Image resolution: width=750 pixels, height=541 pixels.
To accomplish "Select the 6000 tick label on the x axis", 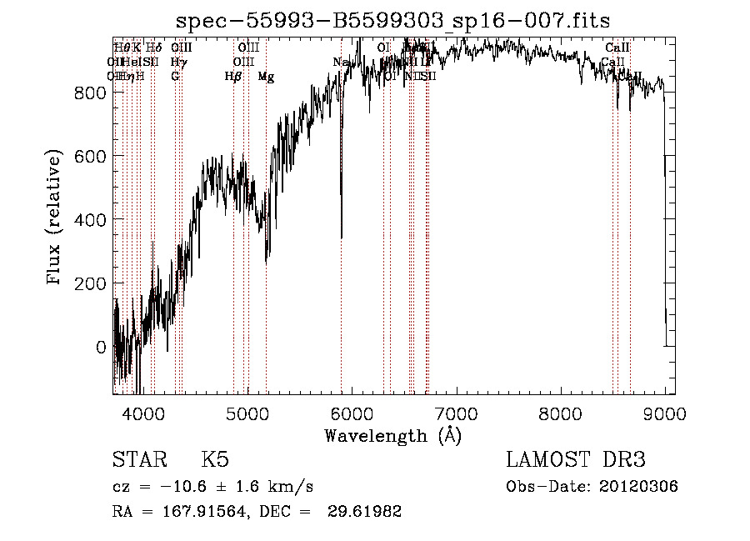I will [352, 413].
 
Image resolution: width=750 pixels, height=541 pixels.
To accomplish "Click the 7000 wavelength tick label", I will [457, 413].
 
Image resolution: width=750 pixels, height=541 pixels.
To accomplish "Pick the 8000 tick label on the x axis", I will [561, 413].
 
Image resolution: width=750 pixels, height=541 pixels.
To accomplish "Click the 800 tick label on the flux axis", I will [88, 93].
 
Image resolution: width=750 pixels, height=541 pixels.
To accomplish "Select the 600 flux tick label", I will [88, 157].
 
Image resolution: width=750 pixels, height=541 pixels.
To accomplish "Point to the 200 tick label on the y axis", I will [88, 283].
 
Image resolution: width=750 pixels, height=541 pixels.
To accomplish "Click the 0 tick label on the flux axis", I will [100, 347].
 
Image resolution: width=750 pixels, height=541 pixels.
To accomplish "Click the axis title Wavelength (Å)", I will [392, 435].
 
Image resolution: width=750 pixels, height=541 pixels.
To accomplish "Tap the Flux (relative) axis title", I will [56, 218].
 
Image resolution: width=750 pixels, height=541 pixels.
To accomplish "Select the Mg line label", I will [266, 77].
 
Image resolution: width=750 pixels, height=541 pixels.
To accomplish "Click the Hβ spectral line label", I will [233, 77].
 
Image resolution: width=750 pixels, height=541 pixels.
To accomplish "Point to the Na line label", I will [339, 63].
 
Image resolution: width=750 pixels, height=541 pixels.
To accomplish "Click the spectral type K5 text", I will [215, 460].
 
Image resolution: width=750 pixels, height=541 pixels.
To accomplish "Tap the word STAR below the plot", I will [135, 460].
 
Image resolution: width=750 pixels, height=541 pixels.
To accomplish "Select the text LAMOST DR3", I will [576, 460].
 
